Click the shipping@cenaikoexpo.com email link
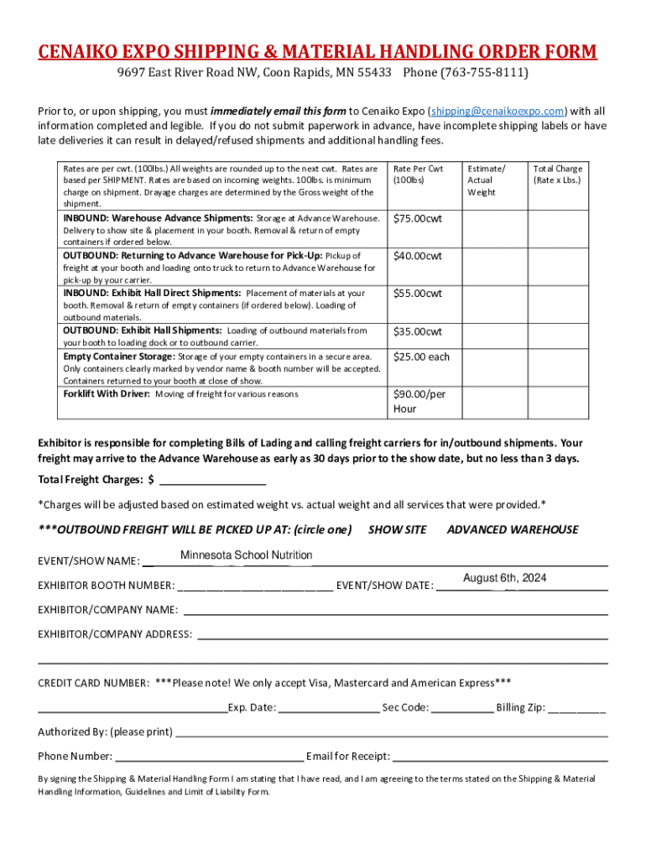pos(497,111)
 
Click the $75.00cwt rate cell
pos(418,219)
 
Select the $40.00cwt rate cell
pos(418,256)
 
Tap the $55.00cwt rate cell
pos(418,294)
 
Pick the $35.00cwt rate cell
pos(418,331)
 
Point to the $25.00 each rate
pos(421,357)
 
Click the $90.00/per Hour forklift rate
pos(419,401)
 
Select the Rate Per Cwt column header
pos(418,174)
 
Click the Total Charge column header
pos(557,174)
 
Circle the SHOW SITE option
pos(397,529)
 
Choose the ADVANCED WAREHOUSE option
pos(512,529)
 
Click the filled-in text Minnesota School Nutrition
pos(246,555)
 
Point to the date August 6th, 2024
pos(504,578)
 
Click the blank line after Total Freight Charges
pos(212,481)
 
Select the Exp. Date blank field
pos(329,708)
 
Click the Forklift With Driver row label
pos(107,393)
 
